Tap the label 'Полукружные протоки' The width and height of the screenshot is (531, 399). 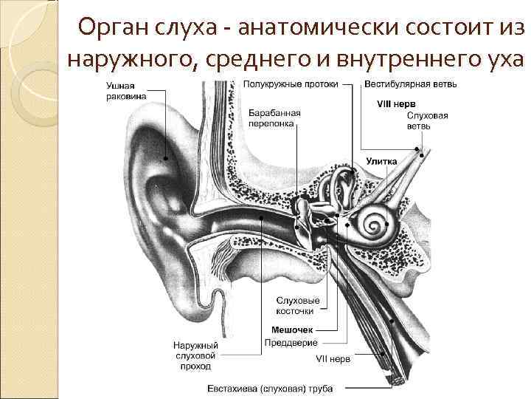(291, 84)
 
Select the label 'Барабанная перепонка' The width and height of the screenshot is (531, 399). (274, 119)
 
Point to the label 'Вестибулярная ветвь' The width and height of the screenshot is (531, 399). (411, 84)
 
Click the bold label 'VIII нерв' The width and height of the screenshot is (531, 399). (396, 104)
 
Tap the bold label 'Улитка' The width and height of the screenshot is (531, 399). (381, 160)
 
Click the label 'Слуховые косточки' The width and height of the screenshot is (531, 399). (298, 306)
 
